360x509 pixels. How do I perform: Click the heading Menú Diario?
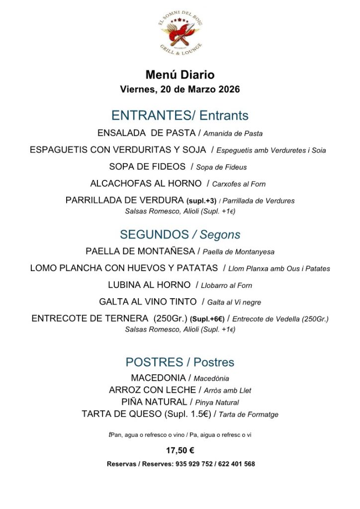pos(180,75)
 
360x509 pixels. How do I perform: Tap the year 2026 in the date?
pos(226,90)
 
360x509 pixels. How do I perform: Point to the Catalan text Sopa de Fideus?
pos(221,167)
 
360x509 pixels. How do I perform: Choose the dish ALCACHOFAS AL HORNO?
pos(146,183)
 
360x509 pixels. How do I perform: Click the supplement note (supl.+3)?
pos(201,201)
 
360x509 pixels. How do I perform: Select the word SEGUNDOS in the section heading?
pos(154,235)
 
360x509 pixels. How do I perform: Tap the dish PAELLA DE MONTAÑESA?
pos(140,252)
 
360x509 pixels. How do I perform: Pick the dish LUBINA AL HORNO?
pos(149,285)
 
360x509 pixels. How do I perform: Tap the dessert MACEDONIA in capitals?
pos(159,378)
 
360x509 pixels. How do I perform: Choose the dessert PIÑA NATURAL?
pos(154,402)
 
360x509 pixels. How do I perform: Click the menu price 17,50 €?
pos(180,451)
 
